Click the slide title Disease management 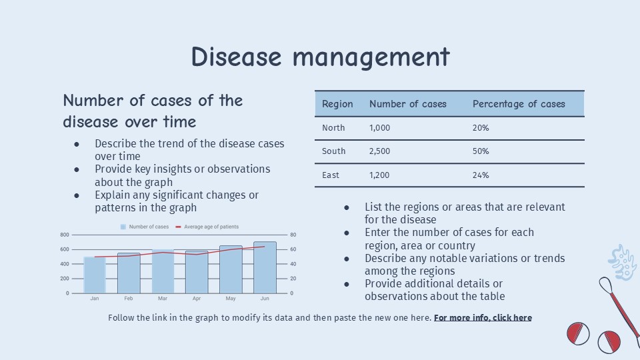(320, 57)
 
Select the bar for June (265, 268)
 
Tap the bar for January (95, 275)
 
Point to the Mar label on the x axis (163, 299)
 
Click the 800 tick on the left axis (65, 235)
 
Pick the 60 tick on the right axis (293, 249)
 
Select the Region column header (337, 104)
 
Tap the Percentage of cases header (519, 104)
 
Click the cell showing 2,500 (380, 151)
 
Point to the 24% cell (481, 175)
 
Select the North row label (333, 127)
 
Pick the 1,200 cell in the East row (379, 175)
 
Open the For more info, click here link (483, 318)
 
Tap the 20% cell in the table (481, 127)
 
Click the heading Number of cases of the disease (153, 111)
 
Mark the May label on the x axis (231, 299)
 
